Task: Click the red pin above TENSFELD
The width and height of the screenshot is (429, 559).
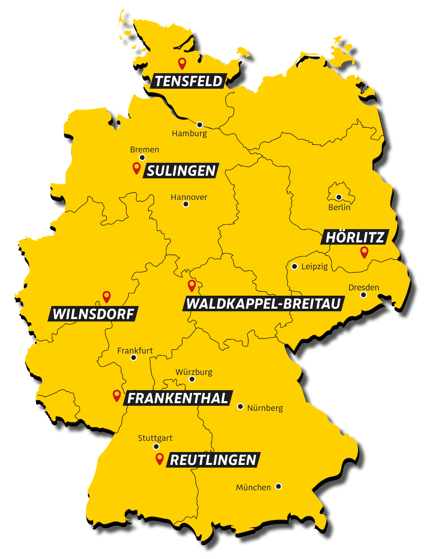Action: point(182,64)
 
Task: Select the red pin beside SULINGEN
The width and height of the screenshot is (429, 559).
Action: point(136,168)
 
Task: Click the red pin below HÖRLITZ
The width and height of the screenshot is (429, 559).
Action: point(364,252)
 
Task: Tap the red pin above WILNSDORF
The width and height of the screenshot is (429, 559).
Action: point(106,296)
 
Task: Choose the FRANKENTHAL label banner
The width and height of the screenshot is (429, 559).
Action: point(178,398)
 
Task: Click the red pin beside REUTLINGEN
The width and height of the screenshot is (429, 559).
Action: point(160,459)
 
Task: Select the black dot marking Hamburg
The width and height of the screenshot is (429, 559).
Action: point(199,125)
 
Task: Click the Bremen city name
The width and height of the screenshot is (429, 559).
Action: point(145,150)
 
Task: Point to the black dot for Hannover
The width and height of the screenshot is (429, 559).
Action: point(186,204)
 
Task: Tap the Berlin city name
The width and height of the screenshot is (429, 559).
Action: point(339,208)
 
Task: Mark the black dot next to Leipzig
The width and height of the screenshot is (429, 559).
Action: point(295,266)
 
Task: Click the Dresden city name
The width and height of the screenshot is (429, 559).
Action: point(364,288)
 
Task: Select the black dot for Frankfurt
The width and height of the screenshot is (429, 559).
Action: point(134,358)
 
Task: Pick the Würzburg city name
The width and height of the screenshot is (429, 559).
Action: point(194,372)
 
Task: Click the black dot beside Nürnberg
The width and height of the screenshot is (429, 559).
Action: point(240,406)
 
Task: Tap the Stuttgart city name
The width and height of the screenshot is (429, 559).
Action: point(155,438)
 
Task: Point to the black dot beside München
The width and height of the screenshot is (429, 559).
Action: point(278,486)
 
